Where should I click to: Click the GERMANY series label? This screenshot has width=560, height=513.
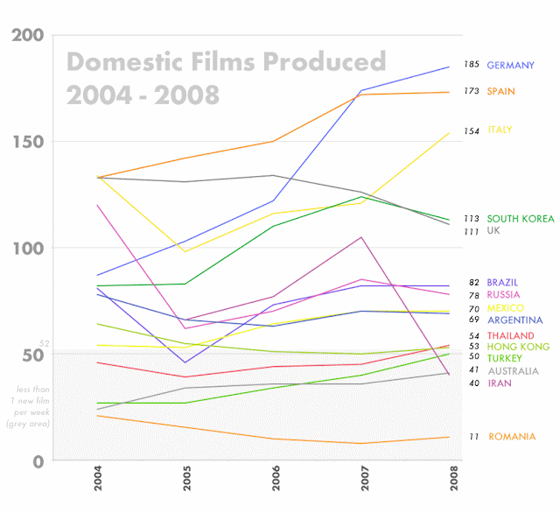[510, 66]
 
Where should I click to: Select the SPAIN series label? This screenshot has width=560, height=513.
[500, 91]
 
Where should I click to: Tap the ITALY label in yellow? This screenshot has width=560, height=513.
[500, 130]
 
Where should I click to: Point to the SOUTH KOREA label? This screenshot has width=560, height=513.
[520, 219]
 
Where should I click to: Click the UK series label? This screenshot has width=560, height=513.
[493, 231]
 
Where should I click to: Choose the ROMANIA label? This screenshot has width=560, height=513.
[512, 437]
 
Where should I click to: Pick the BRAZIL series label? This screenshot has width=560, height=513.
[502, 283]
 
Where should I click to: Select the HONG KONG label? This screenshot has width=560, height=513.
[518, 347]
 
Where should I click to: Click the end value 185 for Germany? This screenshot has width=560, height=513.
[472, 65]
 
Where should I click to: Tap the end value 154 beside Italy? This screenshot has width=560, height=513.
[471, 131]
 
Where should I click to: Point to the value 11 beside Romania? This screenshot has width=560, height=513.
[473, 437]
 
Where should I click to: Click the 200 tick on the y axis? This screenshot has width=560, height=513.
[25, 36]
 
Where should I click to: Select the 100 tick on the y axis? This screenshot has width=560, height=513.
[25, 249]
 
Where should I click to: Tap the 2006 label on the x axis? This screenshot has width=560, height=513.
[276, 481]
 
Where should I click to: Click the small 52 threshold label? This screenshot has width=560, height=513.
[44, 344]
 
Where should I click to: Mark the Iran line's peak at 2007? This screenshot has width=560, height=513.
[360, 237]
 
